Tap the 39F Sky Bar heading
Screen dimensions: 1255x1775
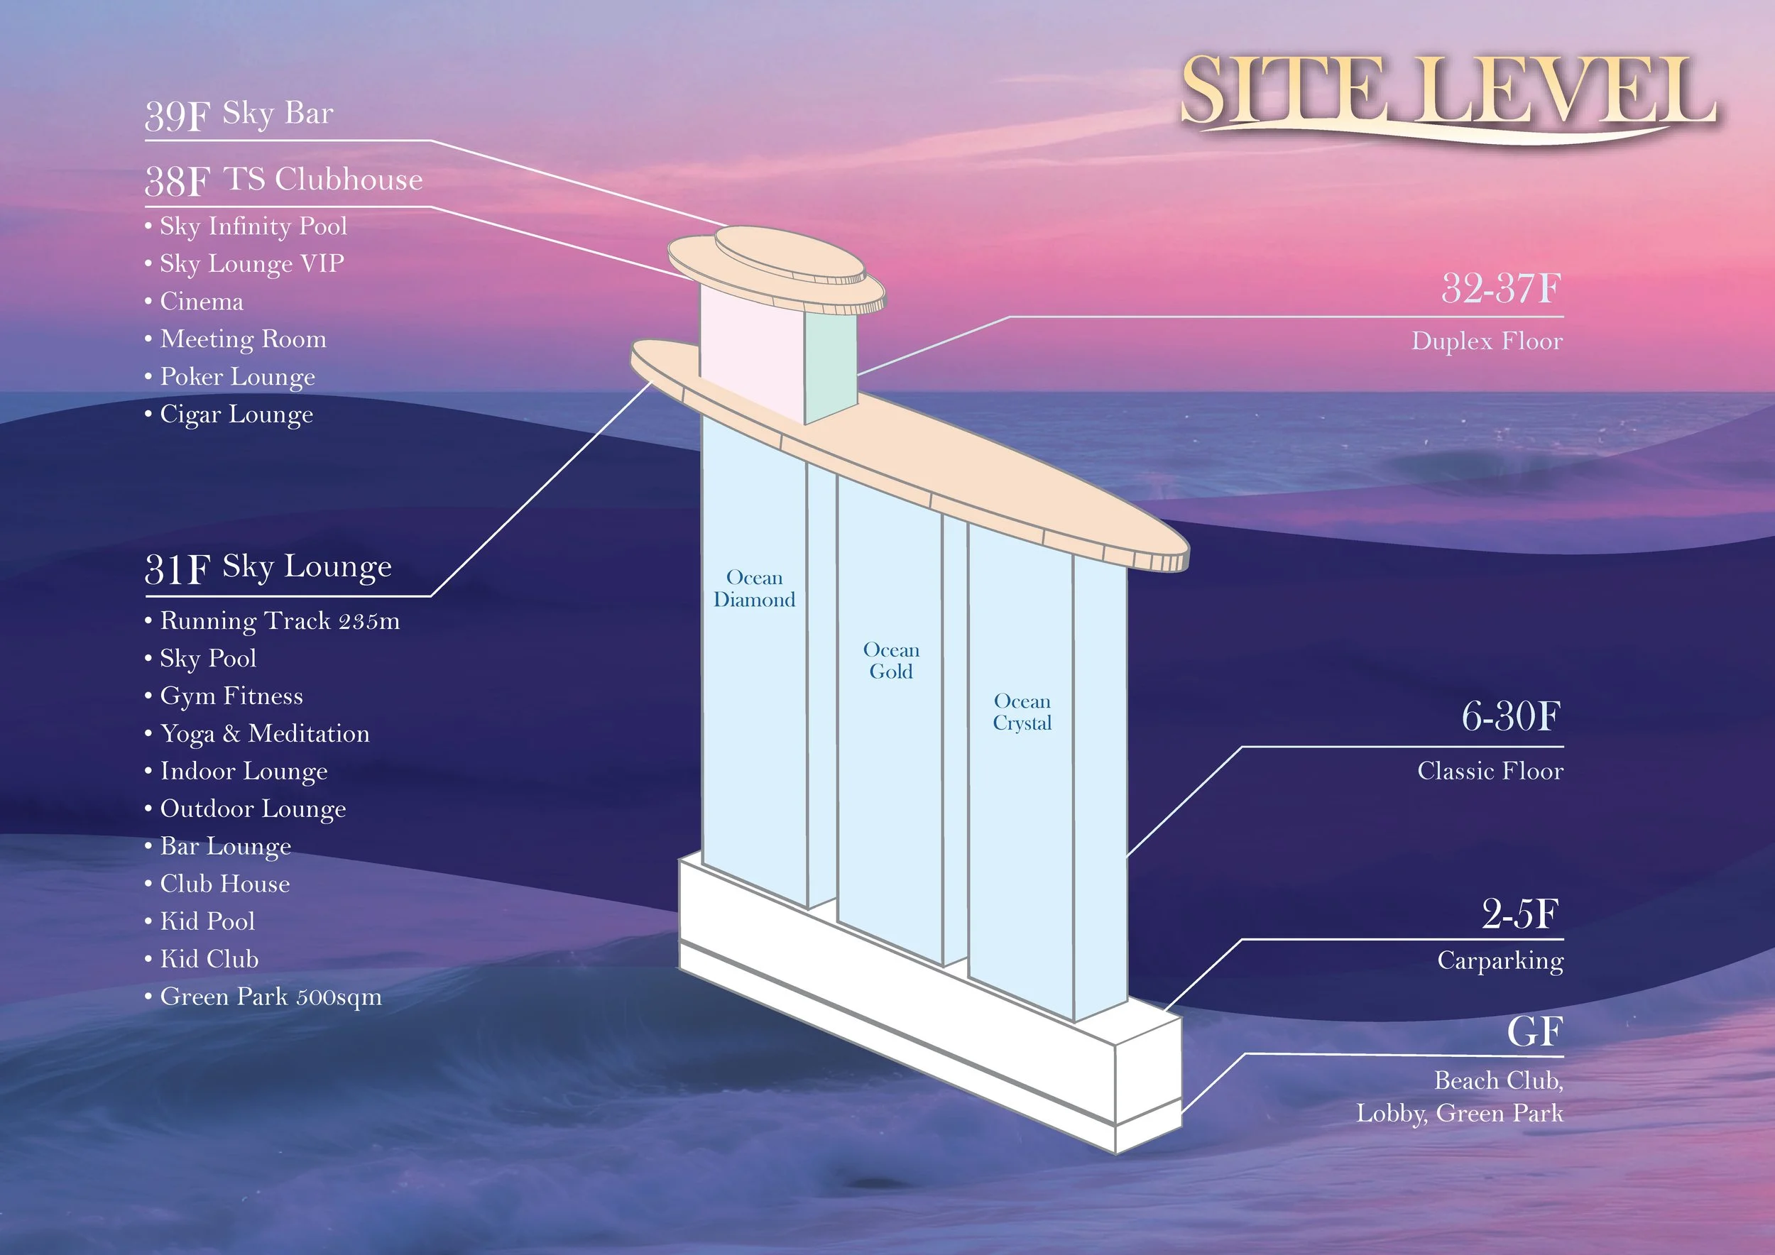(x=240, y=114)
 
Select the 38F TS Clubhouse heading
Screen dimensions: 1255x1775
(x=284, y=180)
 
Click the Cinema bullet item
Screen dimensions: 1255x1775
(x=201, y=302)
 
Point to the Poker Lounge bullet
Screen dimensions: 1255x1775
(x=237, y=377)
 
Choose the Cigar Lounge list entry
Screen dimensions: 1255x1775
(x=236, y=415)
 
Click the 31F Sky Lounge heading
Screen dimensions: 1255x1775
(x=268, y=568)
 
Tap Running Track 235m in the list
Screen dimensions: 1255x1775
(x=279, y=621)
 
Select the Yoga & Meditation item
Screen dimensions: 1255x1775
(x=264, y=734)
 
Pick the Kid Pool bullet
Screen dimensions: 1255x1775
(x=207, y=922)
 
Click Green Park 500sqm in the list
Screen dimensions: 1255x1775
(x=271, y=997)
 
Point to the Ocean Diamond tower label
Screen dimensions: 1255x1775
(x=754, y=589)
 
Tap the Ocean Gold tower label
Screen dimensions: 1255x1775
(x=890, y=661)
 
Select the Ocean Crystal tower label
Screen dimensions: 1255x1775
(x=1022, y=713)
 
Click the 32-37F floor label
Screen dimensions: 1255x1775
(x=1500, y=289)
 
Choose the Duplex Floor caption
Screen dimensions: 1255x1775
(x=1487, y=341)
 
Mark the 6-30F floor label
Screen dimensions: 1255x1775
(x=1511, y=716)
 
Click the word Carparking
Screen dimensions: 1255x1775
(x=1500, y=960)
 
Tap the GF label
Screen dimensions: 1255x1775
(x=1534, y=1031)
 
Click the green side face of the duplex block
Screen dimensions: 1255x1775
(x=830, y=366)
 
